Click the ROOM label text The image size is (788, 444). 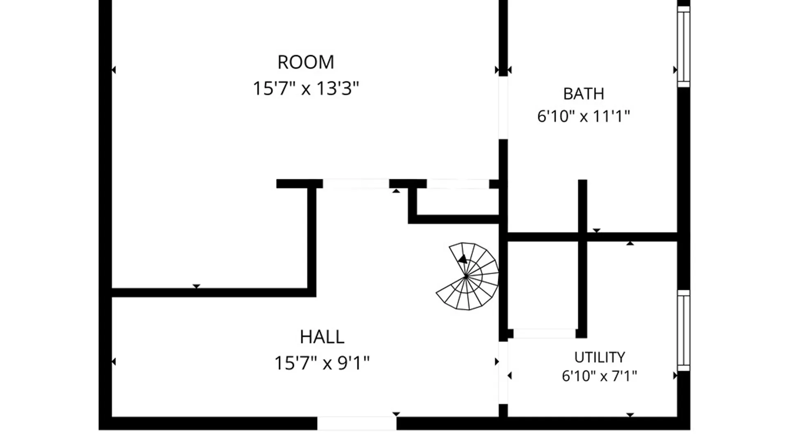tap(306, 62)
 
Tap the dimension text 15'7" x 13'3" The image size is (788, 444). tap(306, 88)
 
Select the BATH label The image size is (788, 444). tap(584, 94)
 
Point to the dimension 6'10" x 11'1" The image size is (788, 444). tap(584, 116)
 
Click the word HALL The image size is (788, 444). tap(322, 337)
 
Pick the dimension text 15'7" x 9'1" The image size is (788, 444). tap(322, 363)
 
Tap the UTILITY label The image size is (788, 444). tap(600, 357)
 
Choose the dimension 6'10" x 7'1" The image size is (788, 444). tap(600, 376)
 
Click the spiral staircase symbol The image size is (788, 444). tap(467, 276)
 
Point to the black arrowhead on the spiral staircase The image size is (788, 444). tap(463, 259)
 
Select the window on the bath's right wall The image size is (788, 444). tap(683, 46)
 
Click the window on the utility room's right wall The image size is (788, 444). tap(683, 331)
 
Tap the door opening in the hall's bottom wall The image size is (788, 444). tap(357, 423)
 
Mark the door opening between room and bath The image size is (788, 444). tap(503, 108)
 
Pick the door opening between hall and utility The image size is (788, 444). tap(503, 373)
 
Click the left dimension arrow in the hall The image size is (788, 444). tap(114, 362)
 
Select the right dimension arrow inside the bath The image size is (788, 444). tap(675, 70)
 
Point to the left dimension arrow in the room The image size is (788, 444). tap(114, 70)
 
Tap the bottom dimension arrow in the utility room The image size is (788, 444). tap(630, 415)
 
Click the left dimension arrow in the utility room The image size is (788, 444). tap(510, 375)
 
